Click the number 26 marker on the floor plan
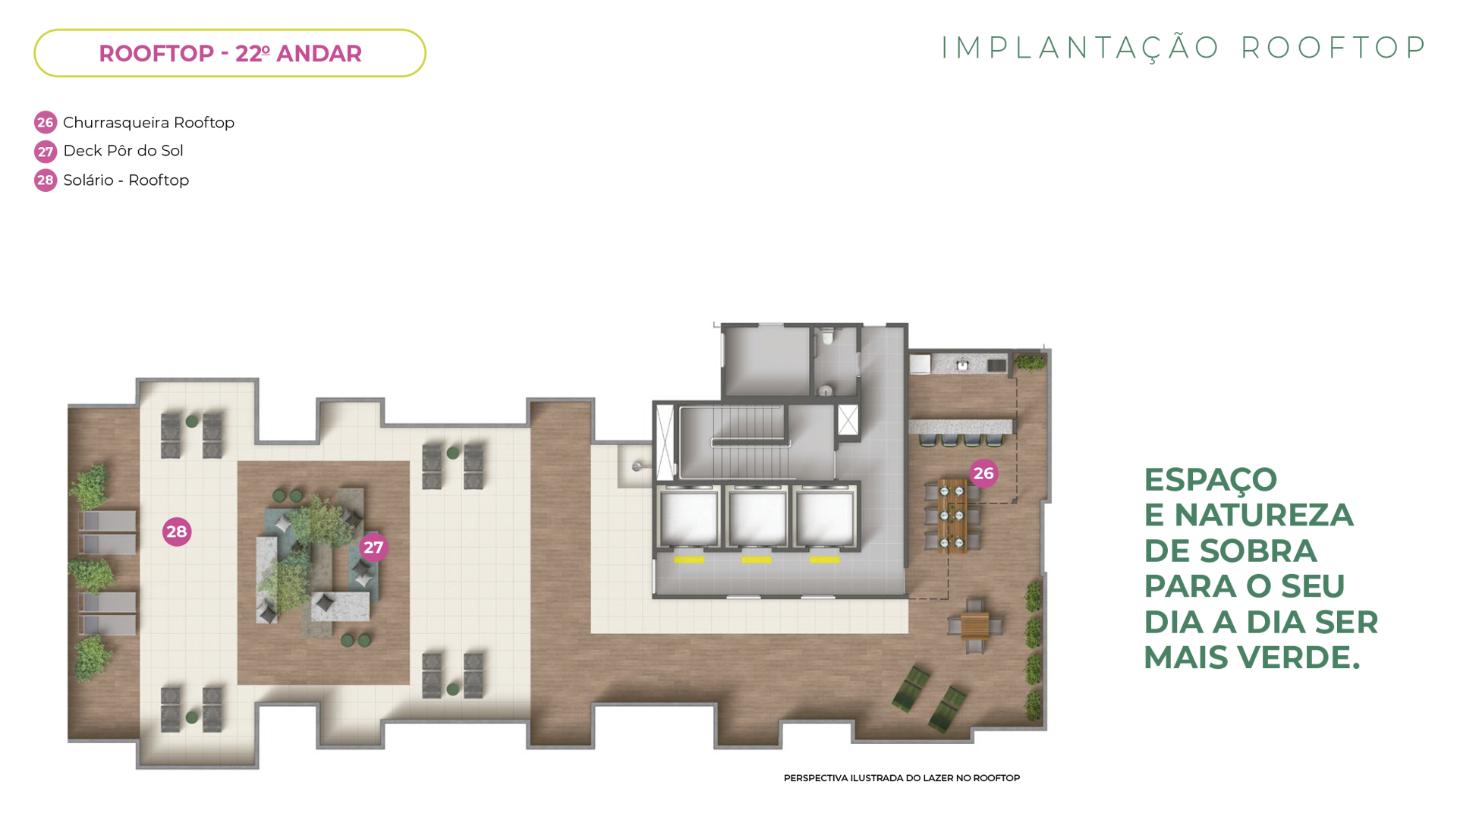pos(983,473)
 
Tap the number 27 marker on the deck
pos(373,547)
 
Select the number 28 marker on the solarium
pos(177,532)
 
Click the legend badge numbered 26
pos(46,122)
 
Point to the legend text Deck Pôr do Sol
pos(123,151)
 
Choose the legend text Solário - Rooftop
pos(126,180)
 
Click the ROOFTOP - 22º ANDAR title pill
pos(230,53)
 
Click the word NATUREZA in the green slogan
pos(1263,515)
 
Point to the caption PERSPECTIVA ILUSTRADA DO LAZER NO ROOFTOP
pos(902,778)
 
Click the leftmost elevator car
pos(689,519)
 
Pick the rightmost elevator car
pos(825,519)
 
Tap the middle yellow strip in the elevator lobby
pos(757,560)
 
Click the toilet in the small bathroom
pos(828,334)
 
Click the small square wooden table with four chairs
pos(975,626)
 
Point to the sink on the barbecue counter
pos(962,366)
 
